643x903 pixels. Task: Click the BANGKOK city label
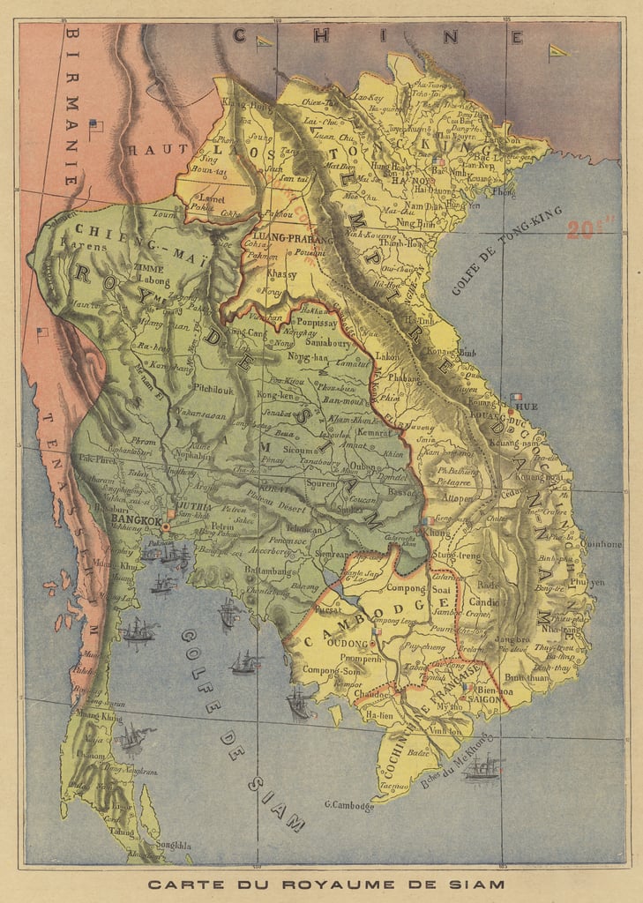(x=137, y=521)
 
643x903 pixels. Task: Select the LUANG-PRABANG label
(x=293, y=239)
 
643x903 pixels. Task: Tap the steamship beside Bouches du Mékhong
(x=482, y=769)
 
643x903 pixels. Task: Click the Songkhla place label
(x=173, y=844)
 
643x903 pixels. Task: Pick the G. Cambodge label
(x=349, y=804)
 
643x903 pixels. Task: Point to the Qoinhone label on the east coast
(x=602, y=544)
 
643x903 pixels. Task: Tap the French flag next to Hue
(x=516, y=398)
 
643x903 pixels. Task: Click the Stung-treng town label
(x=454, y=556)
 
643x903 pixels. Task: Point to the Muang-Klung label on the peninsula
(x=99, y=718)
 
